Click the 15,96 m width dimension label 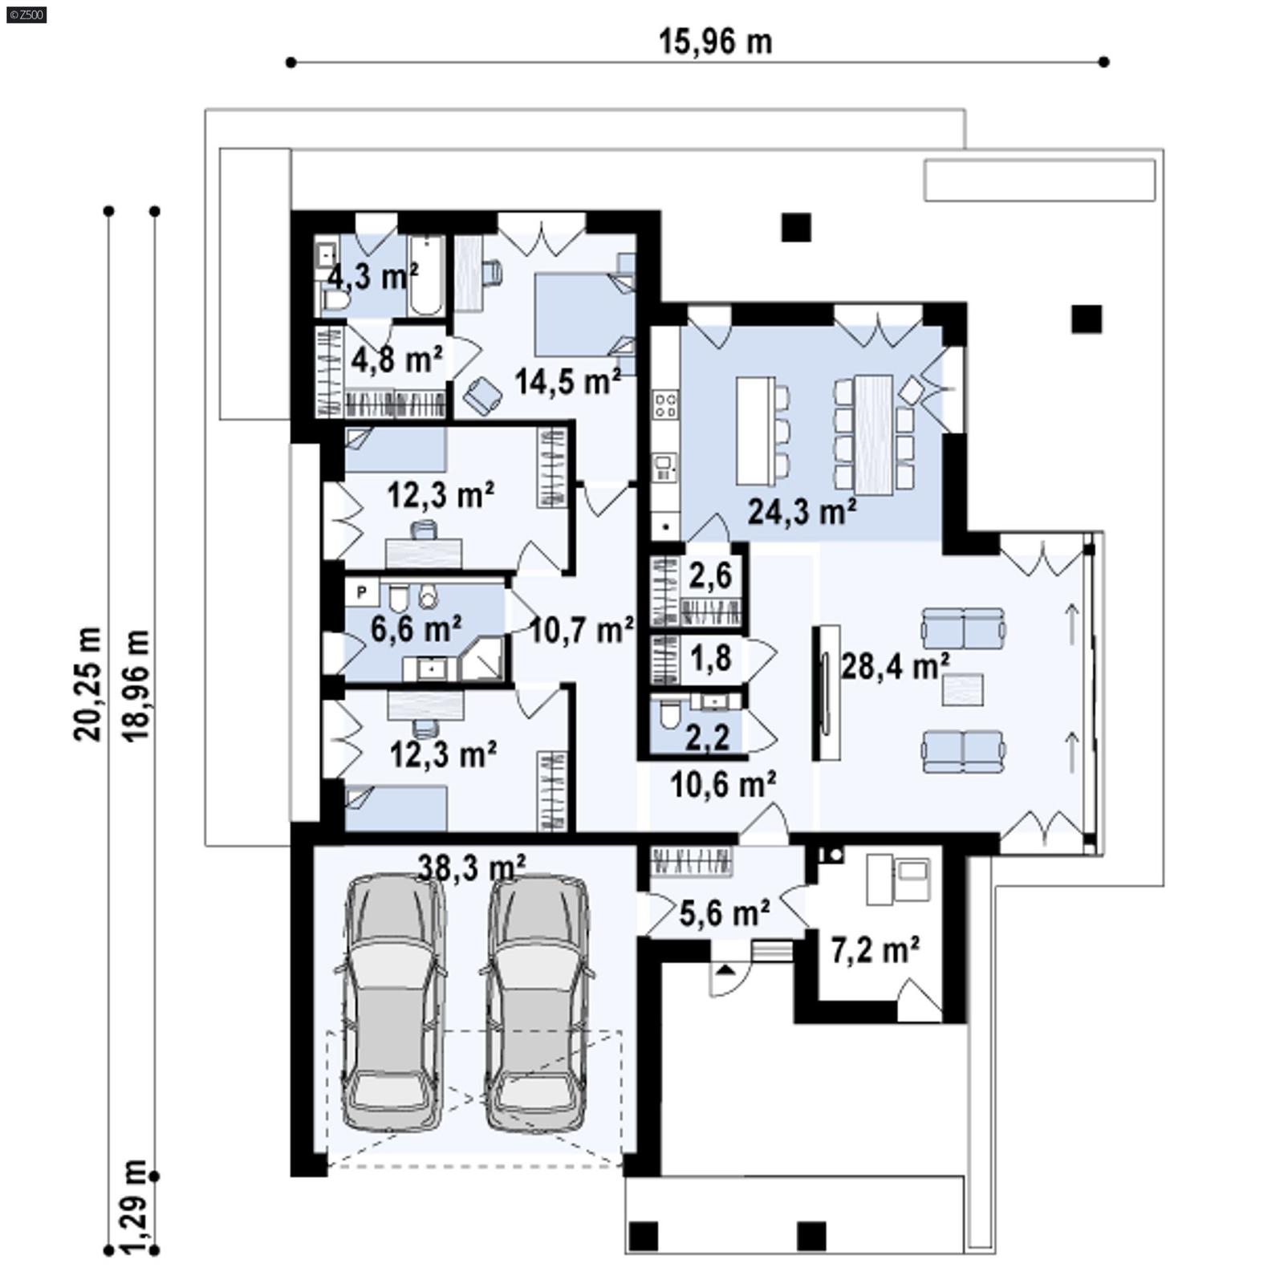coord(715,42)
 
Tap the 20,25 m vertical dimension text coord(88,683)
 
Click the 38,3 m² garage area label coord(472,866)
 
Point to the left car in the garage coord(393,1003)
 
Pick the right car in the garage coord(537,1003)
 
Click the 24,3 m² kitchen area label coord(802,510)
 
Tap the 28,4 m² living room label coord(896,664)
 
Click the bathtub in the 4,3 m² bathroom coord(425,274)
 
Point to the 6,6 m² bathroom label coord(415,628)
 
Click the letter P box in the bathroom coord(362,592)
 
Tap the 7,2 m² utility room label coord(875,950)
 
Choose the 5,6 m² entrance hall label coord(725,912)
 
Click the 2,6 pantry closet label coord(710,575)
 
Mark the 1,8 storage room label coord(711,658)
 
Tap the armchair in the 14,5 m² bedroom coord(483,393)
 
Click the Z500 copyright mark coord(26,13)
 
